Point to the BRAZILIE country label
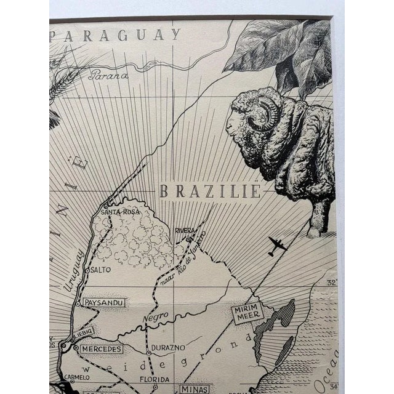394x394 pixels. coord(210,191)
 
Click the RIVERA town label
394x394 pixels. coord(185,230)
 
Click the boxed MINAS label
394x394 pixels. coord(195,388)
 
